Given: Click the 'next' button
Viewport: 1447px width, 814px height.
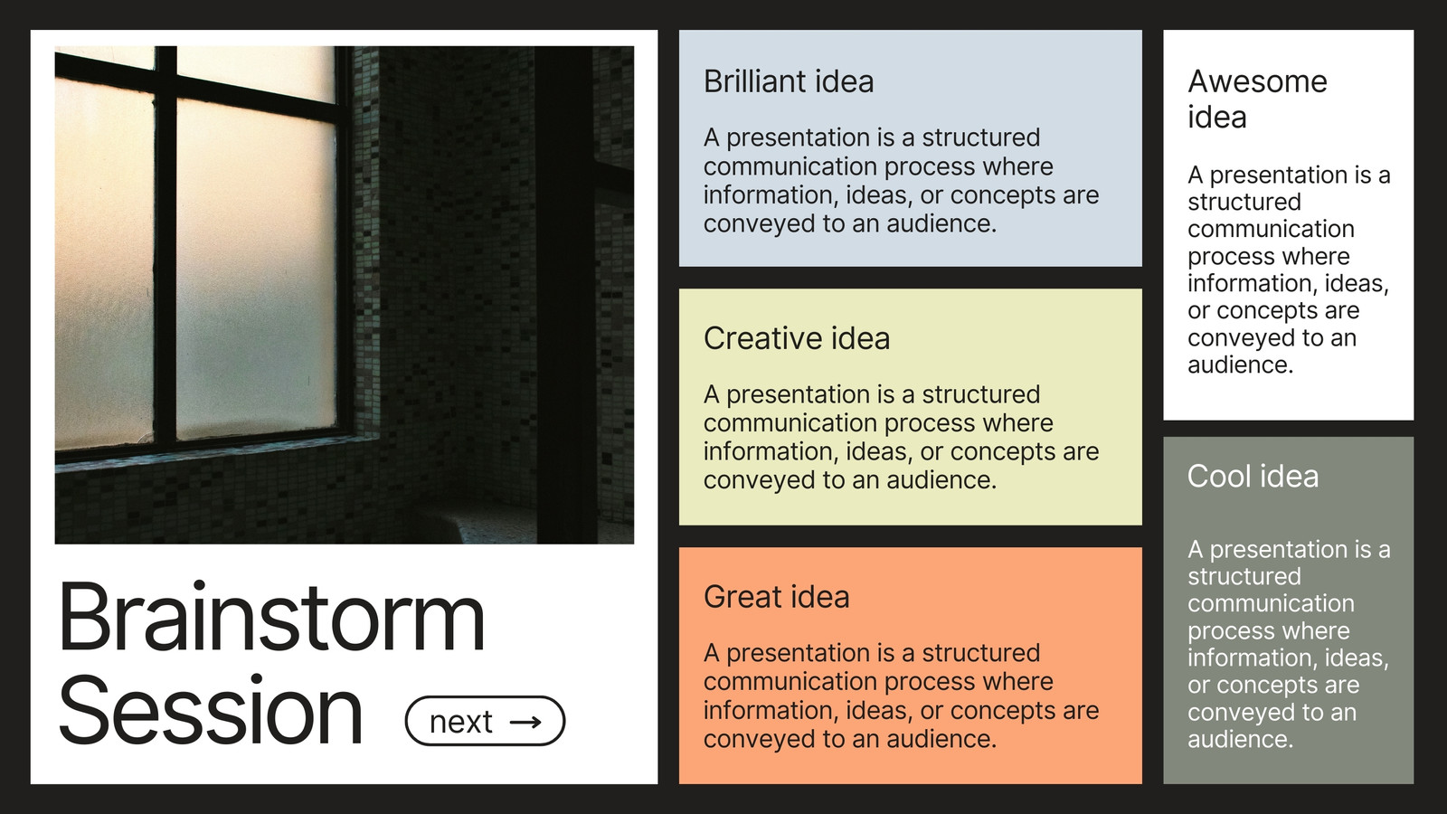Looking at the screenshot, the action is (x=485, y=721).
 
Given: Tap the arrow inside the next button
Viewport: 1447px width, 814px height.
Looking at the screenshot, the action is (x=525, y=722).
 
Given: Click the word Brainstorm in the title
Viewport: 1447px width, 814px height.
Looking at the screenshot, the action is (x=271, y=616).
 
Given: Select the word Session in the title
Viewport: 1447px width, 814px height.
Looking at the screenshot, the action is (x=211, y=710).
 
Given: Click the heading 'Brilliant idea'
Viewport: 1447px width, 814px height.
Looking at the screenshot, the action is (x=789, y=81).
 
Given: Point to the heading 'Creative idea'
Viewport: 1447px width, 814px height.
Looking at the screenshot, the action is (x=797, y=338).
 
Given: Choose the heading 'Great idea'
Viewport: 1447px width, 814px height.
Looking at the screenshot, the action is (x=777, y=596).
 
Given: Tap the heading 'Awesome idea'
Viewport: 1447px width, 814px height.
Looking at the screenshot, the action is (x=1257, y=99).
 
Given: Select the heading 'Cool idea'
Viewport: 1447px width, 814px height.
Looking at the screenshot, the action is (x=1253, y=476).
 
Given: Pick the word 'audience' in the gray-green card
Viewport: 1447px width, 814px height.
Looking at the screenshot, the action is (x=1240, y=738).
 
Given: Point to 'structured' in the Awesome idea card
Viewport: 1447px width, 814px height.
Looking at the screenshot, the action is (x=1244, y=202).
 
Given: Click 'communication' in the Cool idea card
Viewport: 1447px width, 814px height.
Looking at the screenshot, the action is (x=1271, y=603).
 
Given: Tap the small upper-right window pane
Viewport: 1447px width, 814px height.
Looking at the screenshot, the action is (x=256, y=74).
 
